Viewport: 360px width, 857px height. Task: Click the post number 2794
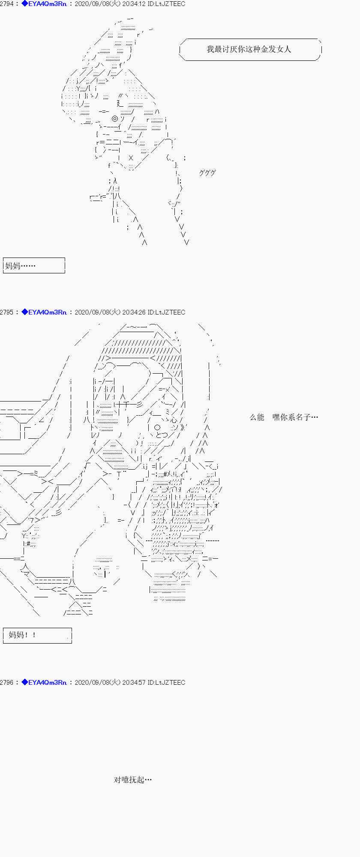[6, 4]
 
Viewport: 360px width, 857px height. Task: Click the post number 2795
[6, 312]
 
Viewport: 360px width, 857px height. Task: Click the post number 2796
[6, 683]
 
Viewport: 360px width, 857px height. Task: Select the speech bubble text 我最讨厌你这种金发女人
[249, 49]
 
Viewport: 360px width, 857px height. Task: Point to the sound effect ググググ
[207, 173]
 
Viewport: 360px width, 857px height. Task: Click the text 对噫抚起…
[133, 780]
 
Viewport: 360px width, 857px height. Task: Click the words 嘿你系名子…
[295, 417]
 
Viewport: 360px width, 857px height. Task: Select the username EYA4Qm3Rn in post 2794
[47, 4]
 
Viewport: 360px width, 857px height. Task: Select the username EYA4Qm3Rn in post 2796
[47, 683]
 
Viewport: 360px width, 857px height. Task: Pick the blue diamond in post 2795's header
[24, 312]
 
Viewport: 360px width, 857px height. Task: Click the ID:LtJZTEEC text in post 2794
[167, 4]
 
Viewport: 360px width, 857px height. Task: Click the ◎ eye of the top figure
[115, 119]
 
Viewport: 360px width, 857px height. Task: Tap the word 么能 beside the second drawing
[257, 417]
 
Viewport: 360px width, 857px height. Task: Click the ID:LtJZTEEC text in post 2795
[167, 312]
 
